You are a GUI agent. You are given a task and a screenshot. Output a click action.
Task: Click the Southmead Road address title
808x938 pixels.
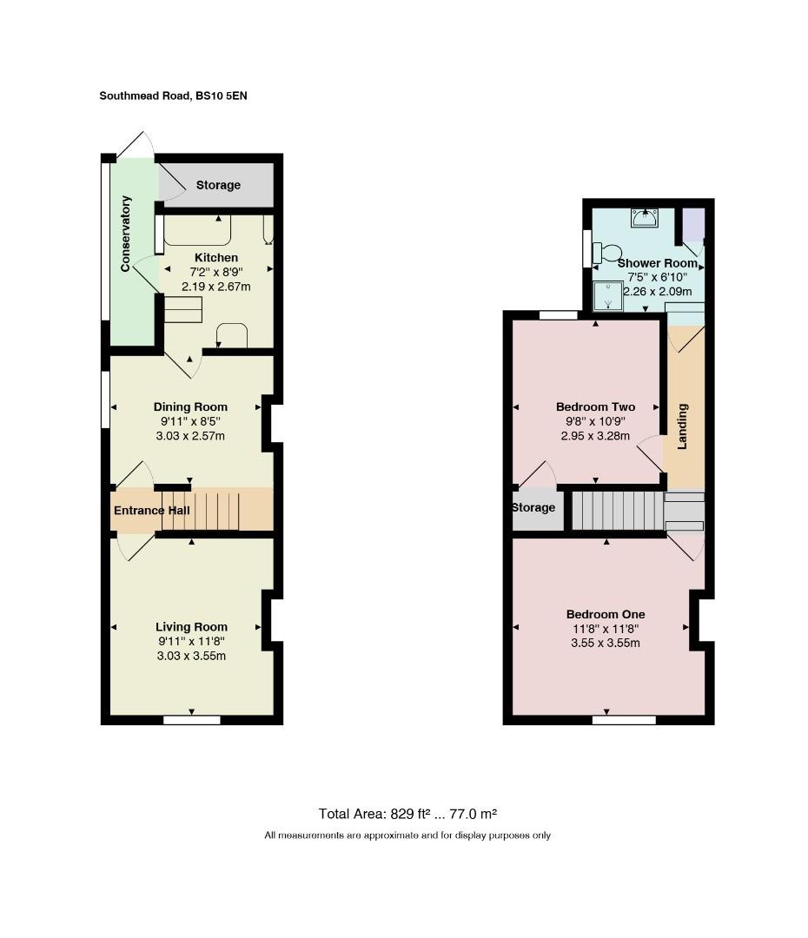tap(173, 96)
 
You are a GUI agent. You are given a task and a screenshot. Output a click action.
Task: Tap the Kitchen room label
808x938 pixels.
tap(216, 257)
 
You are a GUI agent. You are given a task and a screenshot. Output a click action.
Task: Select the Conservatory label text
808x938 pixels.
tap(125, 234)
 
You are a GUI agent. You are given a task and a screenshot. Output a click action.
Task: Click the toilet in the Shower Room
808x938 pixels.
tap(607, 252)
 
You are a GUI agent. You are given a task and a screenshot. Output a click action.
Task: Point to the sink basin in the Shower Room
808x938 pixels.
tap(645, 218)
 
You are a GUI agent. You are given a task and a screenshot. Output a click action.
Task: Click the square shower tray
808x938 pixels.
tap(608, 297)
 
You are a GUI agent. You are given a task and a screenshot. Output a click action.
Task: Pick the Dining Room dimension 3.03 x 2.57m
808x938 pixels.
tap(190, 436)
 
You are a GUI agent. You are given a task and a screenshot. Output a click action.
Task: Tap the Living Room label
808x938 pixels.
tap(191, 627)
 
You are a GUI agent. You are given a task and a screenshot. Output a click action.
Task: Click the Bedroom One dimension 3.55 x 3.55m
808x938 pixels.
tap(605, 643)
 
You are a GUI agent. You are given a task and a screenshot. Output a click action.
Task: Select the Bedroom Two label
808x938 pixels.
tap(595, 406)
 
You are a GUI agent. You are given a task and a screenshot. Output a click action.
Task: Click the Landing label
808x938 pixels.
tap(682, 426)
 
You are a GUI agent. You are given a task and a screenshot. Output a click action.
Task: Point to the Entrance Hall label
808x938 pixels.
tap(152, 511)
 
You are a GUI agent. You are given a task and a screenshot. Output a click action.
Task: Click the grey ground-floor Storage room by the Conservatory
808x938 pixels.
tap(217, 185)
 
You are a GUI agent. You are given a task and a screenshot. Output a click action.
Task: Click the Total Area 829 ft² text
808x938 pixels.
tap(407, 814)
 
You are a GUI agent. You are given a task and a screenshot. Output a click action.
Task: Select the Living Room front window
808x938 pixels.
tap(191, 720)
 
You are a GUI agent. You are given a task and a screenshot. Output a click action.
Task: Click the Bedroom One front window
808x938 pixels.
tap(624, 720)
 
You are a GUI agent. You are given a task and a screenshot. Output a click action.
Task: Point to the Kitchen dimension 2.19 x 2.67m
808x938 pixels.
tap(216, 287)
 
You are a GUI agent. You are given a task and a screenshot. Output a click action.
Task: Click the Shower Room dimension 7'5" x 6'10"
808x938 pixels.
tap(657, 277)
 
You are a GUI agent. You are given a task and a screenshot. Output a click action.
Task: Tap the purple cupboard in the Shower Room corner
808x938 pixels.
tap(693, 224)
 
